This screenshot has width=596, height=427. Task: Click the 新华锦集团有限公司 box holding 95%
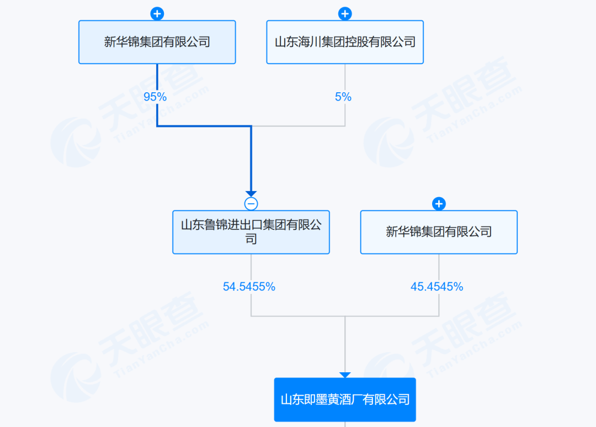(157, 42)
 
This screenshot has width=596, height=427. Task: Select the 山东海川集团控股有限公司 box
(345, 42)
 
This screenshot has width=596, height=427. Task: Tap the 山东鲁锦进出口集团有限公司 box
(251, 232)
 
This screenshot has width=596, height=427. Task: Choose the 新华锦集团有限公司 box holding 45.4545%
(439, 232)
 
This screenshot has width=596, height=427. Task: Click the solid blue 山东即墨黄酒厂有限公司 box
(345, 399)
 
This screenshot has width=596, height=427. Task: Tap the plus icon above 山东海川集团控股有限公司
(345, 14)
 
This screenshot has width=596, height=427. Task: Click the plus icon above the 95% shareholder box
(157, 14)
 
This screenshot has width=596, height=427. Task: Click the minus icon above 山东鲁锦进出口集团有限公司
(251, 204)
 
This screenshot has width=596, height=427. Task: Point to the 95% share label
(155, 97)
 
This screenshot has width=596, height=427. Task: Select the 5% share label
(343, 97)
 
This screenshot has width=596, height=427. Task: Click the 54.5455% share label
(249, 287)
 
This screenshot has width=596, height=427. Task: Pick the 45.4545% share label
(437, 287)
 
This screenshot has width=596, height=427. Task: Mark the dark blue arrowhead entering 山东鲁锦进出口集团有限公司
(251, 194)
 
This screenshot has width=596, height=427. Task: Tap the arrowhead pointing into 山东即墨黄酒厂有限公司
(345, 375)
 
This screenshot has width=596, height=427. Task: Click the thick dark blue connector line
(204, 126)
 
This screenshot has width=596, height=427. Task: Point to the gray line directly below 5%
(345, 115)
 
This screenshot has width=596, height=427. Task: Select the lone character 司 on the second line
(251, 239)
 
